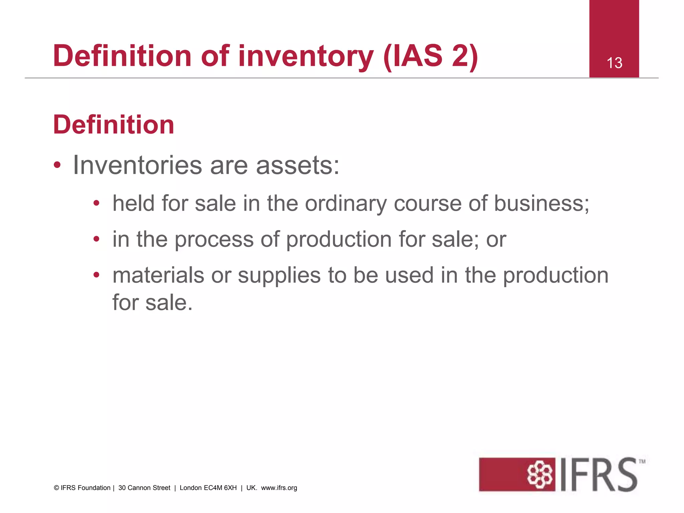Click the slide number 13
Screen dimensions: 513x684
pyautogui.click(x=614, y=63)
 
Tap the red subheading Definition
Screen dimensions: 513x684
pyautogui.click(x=114, y=125)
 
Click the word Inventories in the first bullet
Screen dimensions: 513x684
pyautogui.click(x=137, y=165)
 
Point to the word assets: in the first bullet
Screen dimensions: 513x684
pyautogui.click(x=298, y=166)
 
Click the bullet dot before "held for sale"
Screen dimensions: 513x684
pyautogui.click(x=97, y=203)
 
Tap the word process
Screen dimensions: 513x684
pyautogui.click(x=214, y=240)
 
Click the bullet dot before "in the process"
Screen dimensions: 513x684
pyautogui.click(x=97, y=239)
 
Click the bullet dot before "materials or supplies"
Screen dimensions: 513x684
pyautogui.click(x=97, y=275)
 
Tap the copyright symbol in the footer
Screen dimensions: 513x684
pyautogui.click(x=56, y=488)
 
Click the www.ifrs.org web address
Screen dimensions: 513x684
pyautogui.click(x=279, y=488)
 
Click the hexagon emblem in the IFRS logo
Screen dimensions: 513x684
pyautogui.click(x=539, y=475)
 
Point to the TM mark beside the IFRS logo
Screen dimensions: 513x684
pyautogui.click(x=642, y=462)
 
